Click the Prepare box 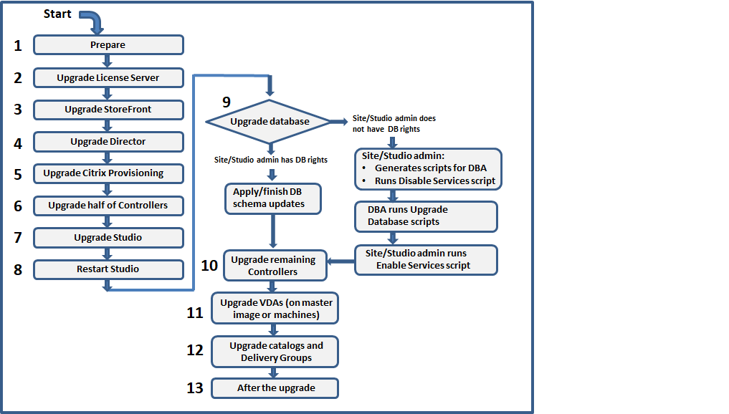click(108, 45)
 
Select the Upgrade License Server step click(108, 77)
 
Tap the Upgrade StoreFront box click(108, 110)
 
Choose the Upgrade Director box click(108, 142)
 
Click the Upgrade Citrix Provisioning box click(108, 173)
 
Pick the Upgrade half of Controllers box click(108, 206)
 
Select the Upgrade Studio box click(108, 237)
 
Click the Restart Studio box click(108, 269)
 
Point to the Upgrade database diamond click(270, 122)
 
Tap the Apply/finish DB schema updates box click(272, 198)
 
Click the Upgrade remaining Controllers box click(275, 266)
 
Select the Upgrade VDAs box click(275, 308)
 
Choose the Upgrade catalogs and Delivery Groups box click(275, 351)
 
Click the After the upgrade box click(275, 388)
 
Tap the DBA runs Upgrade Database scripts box click(427, 216)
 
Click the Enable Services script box click(427, 259)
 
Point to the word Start click(58, 14)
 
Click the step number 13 click(195, 388)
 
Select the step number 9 click(227, 102)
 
